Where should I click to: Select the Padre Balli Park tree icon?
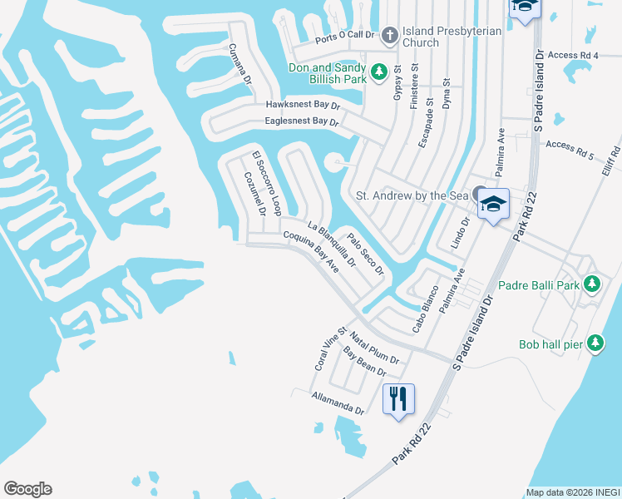[x=591, y=285]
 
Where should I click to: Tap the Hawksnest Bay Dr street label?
[x=303, y=105]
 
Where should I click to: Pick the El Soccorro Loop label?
[x=268, y=184]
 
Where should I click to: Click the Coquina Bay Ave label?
[x=311, y=252]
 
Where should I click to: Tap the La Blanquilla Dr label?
[x=331, y=245]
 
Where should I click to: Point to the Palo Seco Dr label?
[x=366, y=254]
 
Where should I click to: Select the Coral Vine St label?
[x=330, y=349]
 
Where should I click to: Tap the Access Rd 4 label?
[x=574, y=55]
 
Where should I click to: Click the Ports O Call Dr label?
[x=346, y=39]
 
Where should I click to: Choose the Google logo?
[x=27, y=489]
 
